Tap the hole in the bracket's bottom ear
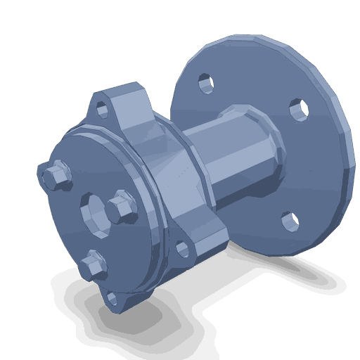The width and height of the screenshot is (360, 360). (x=115, y=304)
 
